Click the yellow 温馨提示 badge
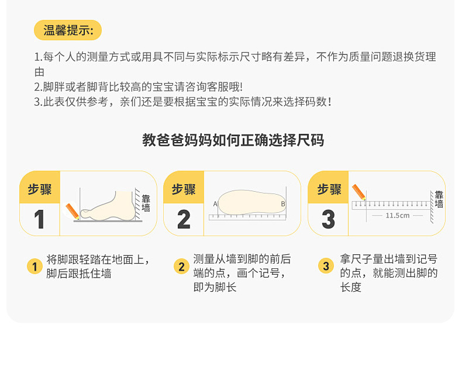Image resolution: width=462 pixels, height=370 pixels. click(x=68, y=30)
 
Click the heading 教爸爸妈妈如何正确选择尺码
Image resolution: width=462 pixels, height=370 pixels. click(x=233, y=140)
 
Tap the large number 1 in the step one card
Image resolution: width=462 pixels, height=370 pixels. click(x=39, y=219)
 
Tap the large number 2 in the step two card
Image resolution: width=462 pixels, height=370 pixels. click(x=184, y=219)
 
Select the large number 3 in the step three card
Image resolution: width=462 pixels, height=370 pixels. click(x=328, y=219)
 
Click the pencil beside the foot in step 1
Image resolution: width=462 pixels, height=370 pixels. click(x=72, y=211)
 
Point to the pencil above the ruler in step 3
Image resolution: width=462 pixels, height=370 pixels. click(x=359, y=192)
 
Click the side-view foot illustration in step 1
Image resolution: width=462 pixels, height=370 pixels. click(x=108, y=206)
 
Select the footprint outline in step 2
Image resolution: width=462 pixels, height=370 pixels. click(x=251, y=202)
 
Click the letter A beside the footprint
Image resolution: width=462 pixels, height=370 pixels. click(x=215, y=204)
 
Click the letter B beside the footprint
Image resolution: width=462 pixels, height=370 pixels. click(x=283, y=204)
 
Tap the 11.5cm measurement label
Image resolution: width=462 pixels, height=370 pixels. click(x=398, y=216)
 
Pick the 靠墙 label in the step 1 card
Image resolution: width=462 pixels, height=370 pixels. click(x=146, y=203)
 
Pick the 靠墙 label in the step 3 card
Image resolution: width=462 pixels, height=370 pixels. click(x=439, y=199)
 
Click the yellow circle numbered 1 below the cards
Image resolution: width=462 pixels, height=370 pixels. click(x=35, y=267)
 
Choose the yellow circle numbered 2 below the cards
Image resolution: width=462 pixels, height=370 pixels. click(x=181, y=267)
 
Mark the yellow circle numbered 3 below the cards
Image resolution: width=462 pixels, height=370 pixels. click(x=326, y=266)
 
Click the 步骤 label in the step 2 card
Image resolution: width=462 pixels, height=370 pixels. click(x=184, y=189)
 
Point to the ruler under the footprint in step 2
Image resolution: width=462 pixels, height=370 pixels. click(x=247, y=217)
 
